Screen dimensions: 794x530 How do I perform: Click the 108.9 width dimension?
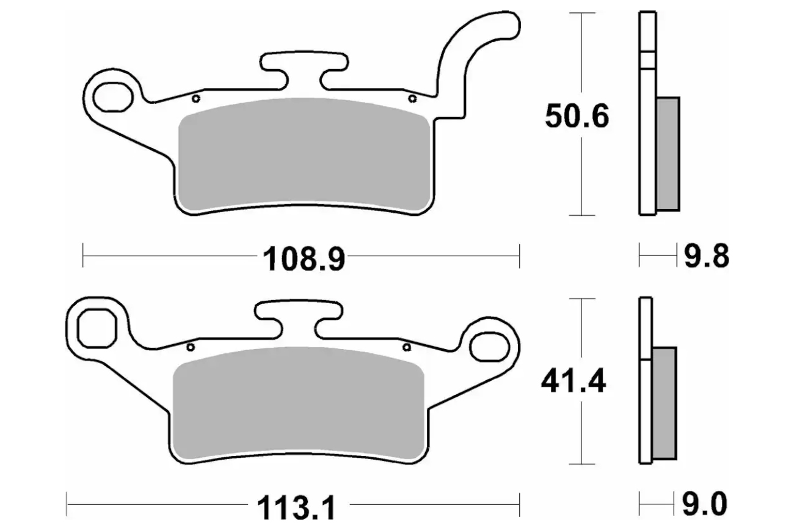[304, 259]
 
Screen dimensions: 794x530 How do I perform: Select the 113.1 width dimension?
[296, 507]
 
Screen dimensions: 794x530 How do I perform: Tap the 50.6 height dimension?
[577, 116]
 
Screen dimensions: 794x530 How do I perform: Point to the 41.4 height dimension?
[573, 381]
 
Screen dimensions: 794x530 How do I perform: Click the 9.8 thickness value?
[707, 256]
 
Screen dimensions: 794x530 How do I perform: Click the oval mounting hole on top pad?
[113, 97]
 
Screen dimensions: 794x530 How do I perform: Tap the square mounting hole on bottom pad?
[97, 328]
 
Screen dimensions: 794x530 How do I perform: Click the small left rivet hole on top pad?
[196, 98]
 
